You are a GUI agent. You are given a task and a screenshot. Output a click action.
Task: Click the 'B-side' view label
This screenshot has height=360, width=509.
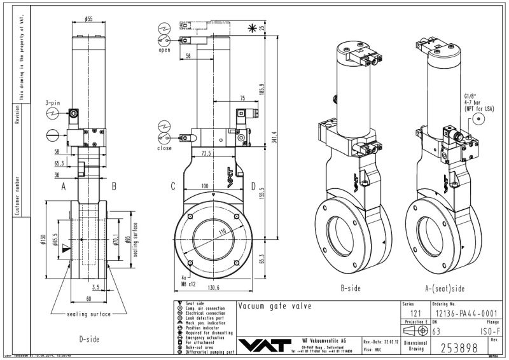[x=351, y=287]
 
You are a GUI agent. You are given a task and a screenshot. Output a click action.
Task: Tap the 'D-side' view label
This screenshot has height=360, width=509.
[x=89, y=339]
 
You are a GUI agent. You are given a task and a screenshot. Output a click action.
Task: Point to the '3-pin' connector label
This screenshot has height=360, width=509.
[x=53, y=102]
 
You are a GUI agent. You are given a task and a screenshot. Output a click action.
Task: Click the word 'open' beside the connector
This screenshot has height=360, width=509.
[x=164, y=50]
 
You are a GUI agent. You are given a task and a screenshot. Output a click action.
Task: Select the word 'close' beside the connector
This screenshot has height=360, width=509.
[x=164, y=148]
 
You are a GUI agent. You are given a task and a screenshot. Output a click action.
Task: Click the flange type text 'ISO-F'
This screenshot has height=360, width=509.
[x=488, y=331]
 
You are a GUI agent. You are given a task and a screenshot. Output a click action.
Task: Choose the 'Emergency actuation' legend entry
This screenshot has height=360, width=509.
[x=204, y=338]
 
